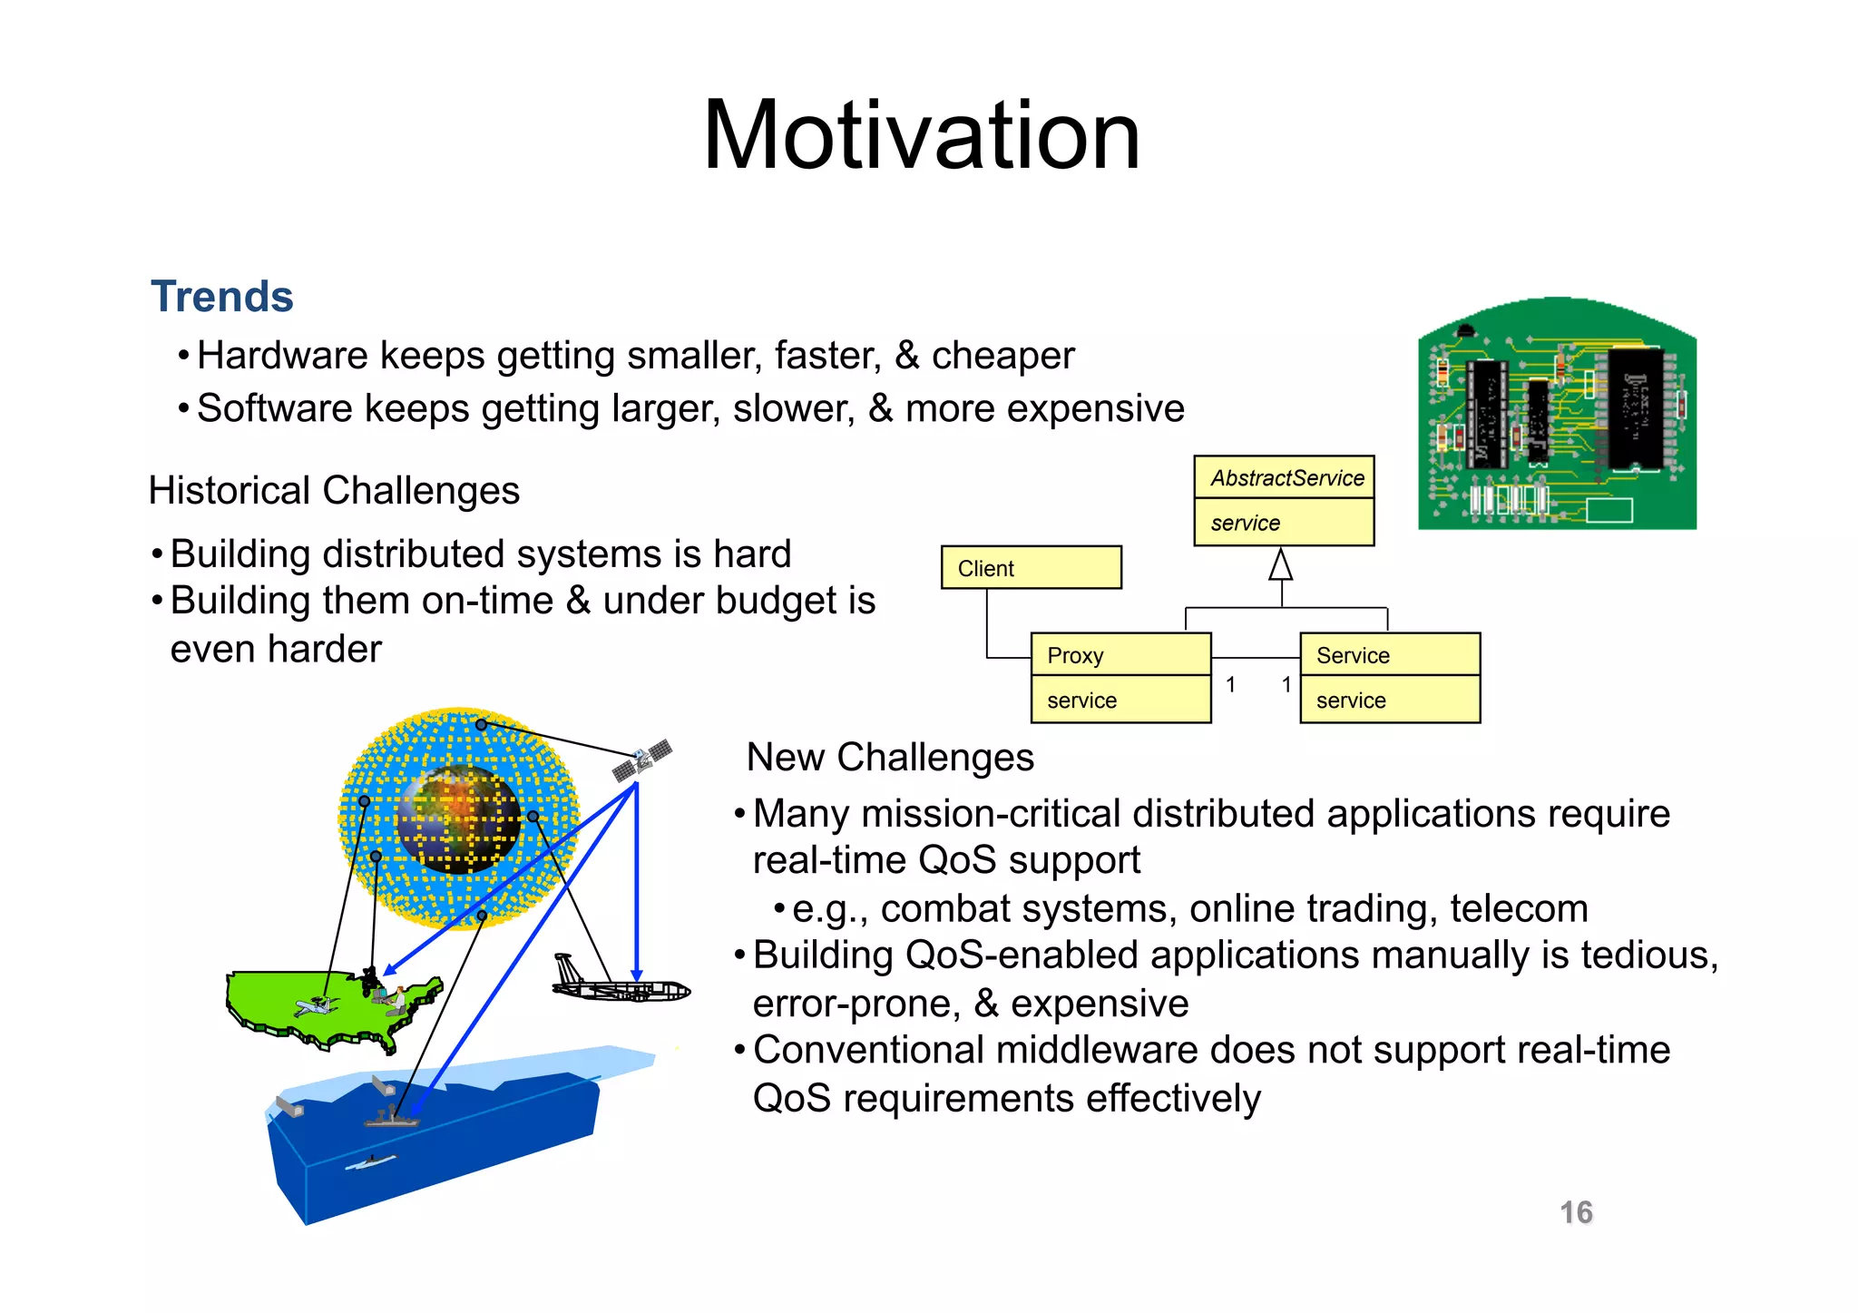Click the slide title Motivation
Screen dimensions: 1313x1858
pos(921,136)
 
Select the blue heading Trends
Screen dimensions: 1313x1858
pos(222,297)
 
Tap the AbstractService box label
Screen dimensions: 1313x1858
pos(1286,478)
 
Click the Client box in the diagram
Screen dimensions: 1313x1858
pos(1031,568)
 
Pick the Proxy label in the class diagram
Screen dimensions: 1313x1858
pos(1075,655)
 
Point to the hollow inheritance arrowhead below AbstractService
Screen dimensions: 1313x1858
pos(1280,565)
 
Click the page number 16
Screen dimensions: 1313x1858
pos(1576,1212)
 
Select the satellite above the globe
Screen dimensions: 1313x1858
pos(642,759)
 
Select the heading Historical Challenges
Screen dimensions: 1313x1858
pos(334,491)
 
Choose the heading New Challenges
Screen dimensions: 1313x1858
pos(889,758)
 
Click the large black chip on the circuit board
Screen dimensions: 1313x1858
pos(1636,408)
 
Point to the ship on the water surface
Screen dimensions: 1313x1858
pos(392,1117)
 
